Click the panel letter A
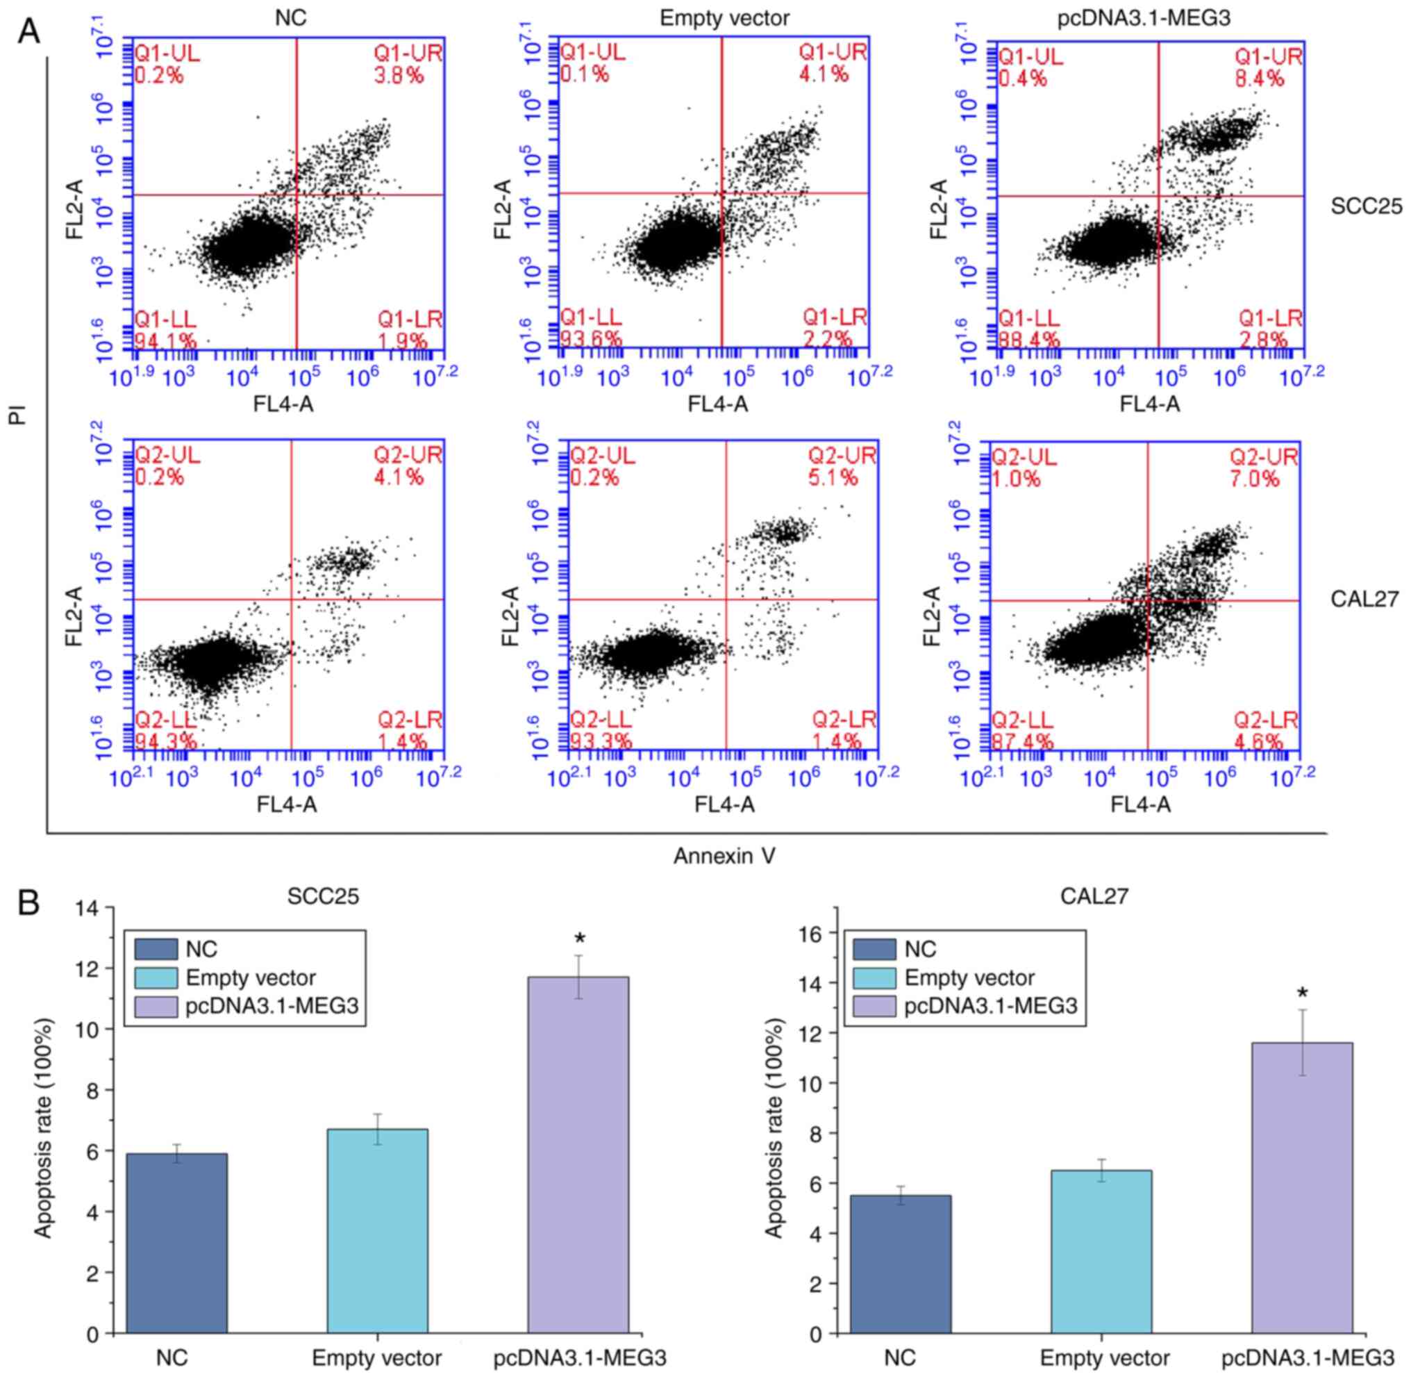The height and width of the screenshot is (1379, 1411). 29,31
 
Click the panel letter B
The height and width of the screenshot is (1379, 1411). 29,905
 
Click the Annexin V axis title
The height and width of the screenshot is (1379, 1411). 724,856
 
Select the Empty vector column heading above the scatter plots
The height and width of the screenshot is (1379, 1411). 725,18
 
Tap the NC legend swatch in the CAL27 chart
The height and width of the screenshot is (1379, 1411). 874,949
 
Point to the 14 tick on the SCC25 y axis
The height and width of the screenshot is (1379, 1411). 96,907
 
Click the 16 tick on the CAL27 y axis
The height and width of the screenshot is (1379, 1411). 815,933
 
